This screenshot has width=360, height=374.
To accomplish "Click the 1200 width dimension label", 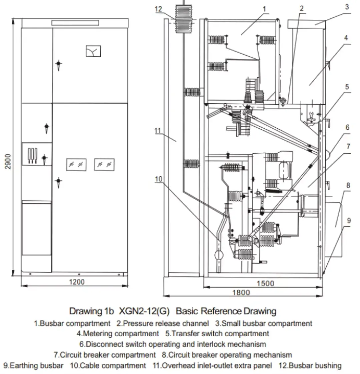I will [x=77, y=282].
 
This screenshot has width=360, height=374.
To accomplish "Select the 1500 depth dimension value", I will [x=265, y=283].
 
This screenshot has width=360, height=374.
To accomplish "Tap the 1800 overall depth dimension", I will [x=241, y=292].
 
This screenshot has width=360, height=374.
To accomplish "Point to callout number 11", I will [x=158, y=131].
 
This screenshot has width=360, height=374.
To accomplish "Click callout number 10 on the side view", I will [x=158, y=179].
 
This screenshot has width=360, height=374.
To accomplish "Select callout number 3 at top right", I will [x=347, y=7].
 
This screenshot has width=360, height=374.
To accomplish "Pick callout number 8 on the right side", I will [x=348, y=186].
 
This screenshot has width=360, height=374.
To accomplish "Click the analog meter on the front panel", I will [x=93, y=51].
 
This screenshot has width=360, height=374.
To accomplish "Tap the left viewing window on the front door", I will [x=76, y=165].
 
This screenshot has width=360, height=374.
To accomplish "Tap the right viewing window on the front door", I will [x=104, y=165].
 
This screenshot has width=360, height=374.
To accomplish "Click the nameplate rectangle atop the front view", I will [x=75, y=23].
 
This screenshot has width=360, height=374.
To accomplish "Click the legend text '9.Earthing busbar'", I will [x=33, y=366].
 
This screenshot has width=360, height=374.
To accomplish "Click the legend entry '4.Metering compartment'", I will [x=118, y=334].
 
